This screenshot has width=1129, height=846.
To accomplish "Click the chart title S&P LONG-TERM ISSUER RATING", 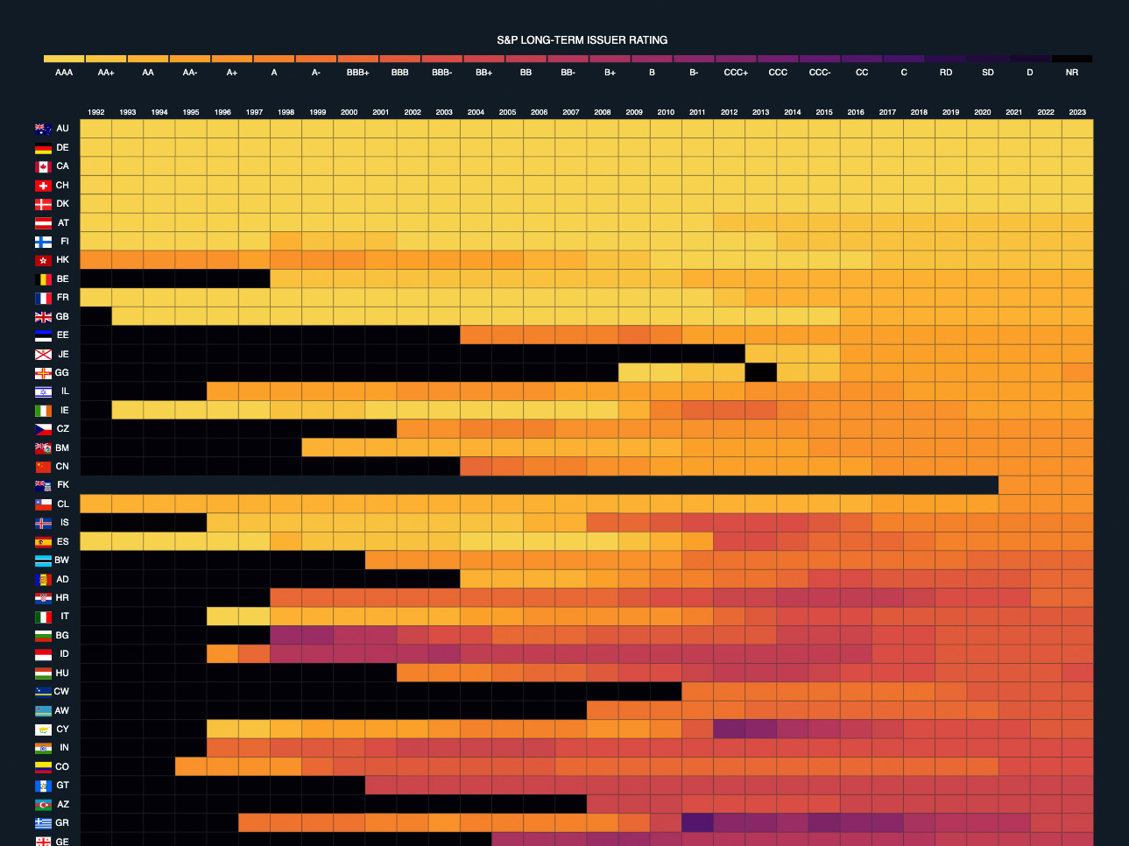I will click(582, 40).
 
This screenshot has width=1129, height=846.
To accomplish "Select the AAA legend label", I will click(64, 73).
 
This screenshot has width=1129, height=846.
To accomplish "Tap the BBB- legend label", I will click(442, 73).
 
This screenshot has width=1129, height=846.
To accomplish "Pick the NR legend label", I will click(1071, 73).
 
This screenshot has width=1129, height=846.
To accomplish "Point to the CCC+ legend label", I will click(736, 73).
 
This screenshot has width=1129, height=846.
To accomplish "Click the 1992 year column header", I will click(96, 112).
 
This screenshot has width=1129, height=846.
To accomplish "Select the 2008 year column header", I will click(603, 112).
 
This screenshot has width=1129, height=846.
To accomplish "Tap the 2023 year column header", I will click(1077, 112).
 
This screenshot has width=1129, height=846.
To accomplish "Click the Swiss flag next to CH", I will click(43, 186).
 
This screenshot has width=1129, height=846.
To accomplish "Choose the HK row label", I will click(62, 260).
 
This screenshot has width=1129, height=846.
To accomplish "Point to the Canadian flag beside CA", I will click(43, 166).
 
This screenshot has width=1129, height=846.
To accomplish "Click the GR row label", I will click(62, 823).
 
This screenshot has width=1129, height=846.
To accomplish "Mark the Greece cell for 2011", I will click(697, 823).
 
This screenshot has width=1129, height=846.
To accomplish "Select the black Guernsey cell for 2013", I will click(760, 372).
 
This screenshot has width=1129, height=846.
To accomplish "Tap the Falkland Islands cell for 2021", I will click(1014, 485).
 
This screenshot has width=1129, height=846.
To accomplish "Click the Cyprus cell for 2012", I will click(729, 730).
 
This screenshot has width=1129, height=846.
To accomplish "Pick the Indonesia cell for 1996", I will click(222, 654).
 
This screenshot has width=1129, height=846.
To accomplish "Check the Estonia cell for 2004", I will click(476, 335).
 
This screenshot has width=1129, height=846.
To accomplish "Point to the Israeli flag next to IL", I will click(43, 391).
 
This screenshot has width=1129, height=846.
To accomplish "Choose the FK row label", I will click(62, 485).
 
